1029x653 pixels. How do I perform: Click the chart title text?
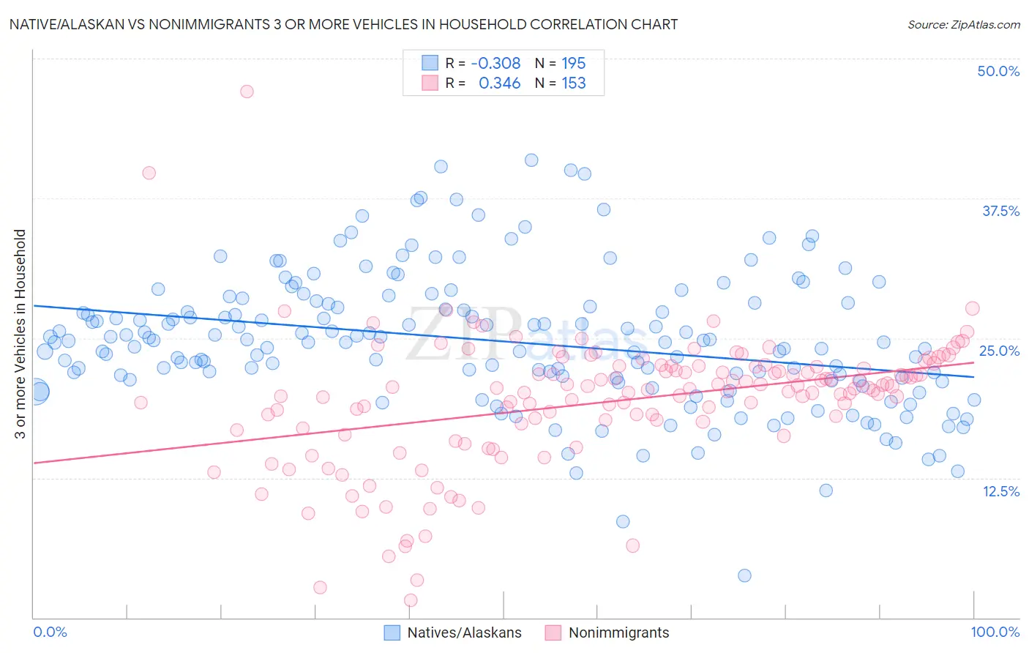coord(343,24)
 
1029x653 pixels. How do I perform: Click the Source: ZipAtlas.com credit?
coord(963,24)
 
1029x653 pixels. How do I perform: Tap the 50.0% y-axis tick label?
coord(998,71)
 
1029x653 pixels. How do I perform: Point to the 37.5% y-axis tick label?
coord(1000,211)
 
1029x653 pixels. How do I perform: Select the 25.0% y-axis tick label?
coord(999,351)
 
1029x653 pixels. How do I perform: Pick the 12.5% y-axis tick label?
coord(1000,491)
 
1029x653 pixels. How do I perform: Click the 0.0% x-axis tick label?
coord(50,632)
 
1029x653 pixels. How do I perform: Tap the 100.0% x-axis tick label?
coord(995,632)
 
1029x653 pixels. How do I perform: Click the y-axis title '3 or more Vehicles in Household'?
coord(20,334)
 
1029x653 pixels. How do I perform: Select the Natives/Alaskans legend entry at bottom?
coord(454,633)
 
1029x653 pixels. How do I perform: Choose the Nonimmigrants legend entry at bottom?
coord(607,633)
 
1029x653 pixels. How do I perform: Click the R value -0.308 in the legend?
coord(495,64)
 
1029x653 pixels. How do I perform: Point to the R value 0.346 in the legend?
coord(499,83)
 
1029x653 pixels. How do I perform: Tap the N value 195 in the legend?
coord(574,64)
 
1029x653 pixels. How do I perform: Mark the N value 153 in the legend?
coord(574,83)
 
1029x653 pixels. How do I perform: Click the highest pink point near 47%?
coord(247,92)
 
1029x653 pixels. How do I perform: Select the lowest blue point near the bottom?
coord(744,575)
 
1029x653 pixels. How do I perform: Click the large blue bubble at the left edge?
coord(37,392)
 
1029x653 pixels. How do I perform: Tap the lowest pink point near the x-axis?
coord(411,600)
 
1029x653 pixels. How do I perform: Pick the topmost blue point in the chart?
coord(531,160)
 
